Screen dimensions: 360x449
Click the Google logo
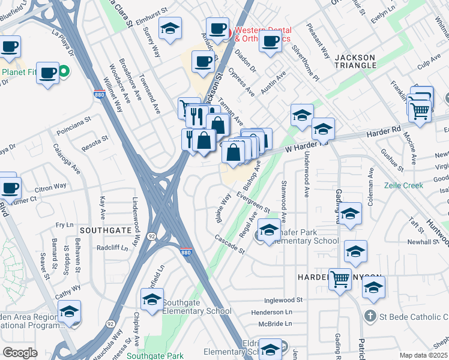tap(20, 353)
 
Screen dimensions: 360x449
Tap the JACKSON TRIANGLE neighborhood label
tap(355, 62)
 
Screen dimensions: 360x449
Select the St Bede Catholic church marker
tap(371, 316)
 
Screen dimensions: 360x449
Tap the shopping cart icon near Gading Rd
tap(340, 279)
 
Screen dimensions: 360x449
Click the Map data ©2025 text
tap(424, 355)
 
